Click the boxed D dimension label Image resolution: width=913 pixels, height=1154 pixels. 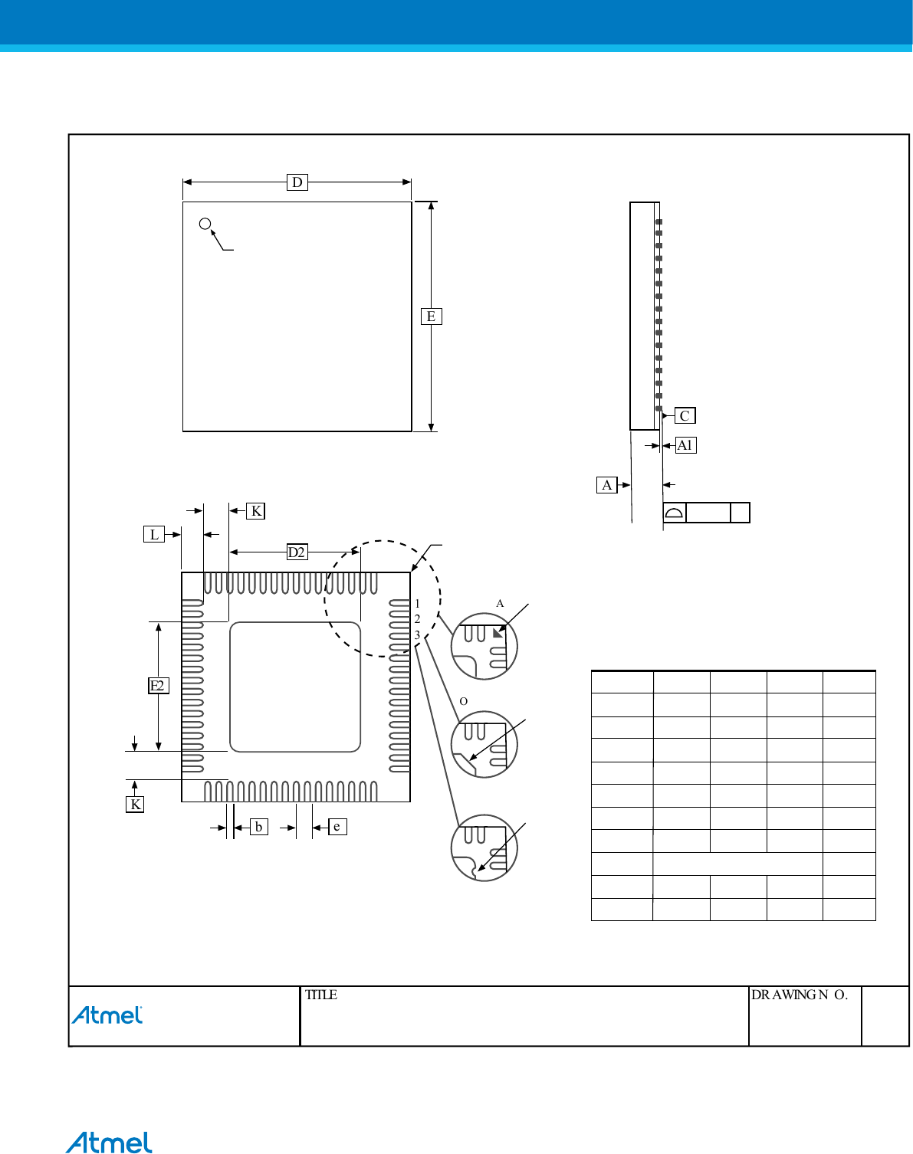(297, 182)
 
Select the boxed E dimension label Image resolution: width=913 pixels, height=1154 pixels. (432, 316)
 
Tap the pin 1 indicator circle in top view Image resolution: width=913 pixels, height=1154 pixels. (205, 224)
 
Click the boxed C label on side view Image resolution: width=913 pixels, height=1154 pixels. (685, 415)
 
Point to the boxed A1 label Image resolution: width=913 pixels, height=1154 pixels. (685, 445)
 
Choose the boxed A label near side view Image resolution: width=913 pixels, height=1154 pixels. (606, 485)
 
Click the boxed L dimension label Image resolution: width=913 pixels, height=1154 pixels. (154, 534)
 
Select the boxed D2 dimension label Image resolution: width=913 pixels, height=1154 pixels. (297, 552)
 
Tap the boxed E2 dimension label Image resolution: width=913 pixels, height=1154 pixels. (158, 685)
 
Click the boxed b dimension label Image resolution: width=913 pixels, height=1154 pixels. (259, 827)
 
